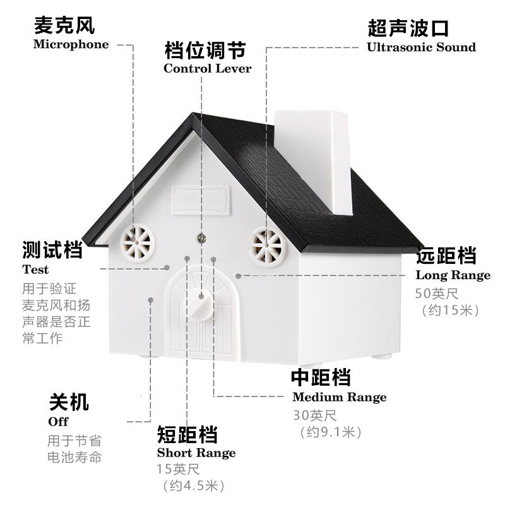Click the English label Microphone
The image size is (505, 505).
(x=71, y=44)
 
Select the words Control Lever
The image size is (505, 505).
(x=207, y=68)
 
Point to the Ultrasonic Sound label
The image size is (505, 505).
(x=421, y=47)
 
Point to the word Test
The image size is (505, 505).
(x=35, y=270)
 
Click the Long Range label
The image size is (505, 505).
(x=453, y=275)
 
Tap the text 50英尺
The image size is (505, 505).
(x=438, y=294)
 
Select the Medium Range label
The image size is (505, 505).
(x=339, y=397)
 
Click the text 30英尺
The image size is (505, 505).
(x=315, y=415)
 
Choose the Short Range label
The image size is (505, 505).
(x=196, y=453)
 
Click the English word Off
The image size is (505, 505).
(x=58, y=421)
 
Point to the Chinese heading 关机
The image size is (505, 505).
(x=69, y=402)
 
